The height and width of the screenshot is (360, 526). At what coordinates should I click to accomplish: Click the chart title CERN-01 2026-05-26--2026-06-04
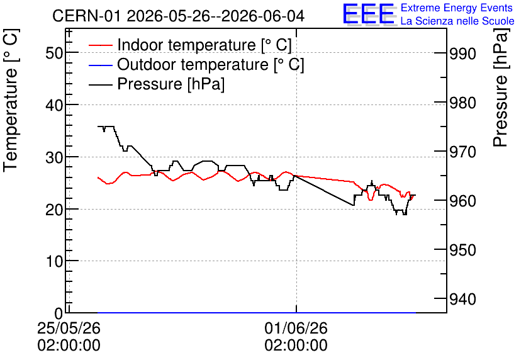click(178, 16)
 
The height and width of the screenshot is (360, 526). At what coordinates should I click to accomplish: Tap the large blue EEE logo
click(369, 14)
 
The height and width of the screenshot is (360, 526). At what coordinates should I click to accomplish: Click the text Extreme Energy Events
click(456, 8)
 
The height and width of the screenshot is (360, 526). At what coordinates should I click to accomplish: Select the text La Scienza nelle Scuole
click(457, 21)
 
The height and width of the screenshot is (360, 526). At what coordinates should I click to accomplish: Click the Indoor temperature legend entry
click(190, 45)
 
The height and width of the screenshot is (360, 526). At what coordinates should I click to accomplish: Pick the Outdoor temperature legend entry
click(196, 64)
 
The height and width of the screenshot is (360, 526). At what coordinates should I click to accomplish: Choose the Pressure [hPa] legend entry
click(156, 84)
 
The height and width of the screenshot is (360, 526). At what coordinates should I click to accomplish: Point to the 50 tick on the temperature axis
click(54, 53)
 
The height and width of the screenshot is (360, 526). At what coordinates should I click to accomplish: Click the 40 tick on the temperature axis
click(54, 105)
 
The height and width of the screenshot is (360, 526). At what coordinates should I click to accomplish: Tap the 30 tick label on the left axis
click(54, 157)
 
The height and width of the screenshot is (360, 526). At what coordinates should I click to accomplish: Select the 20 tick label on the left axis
click(54, 210)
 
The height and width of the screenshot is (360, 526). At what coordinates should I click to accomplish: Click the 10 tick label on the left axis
click(54, 262)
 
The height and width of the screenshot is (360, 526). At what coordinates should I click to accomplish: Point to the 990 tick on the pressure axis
click(462, 53)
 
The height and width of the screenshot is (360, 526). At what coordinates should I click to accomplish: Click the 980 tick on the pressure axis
click(462, 103)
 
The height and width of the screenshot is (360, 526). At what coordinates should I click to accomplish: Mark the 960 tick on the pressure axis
click(462, 201)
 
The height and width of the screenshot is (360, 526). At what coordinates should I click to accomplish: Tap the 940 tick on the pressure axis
click(462, 299)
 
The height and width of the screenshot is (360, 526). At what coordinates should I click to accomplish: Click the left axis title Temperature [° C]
click(11, 100)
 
